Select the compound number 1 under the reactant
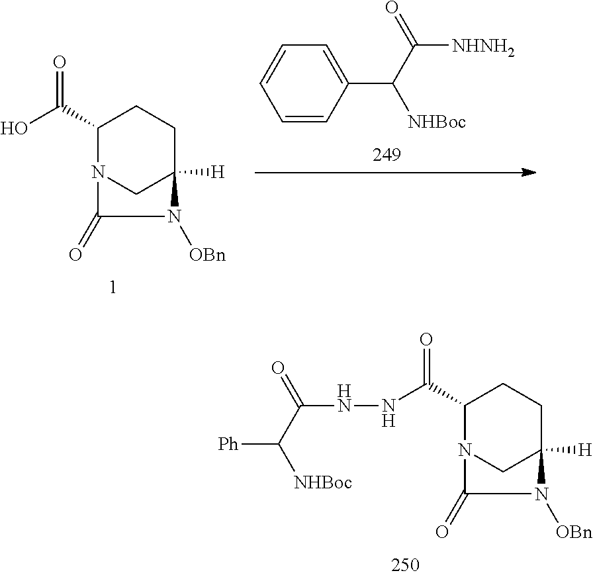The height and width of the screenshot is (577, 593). tap(112, 288)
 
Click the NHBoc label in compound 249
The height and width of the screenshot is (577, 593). tap(437, 122)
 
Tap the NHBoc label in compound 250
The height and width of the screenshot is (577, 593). tap(322, 482)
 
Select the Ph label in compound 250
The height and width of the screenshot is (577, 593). tap(229, 443)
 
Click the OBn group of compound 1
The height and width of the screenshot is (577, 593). tap(207, 255)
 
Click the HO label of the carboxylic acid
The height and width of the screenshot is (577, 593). tap(13, 127)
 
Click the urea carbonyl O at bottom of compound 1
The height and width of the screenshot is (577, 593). tap(76, 255)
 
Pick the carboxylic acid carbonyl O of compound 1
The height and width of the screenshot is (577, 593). tap(60, 64)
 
